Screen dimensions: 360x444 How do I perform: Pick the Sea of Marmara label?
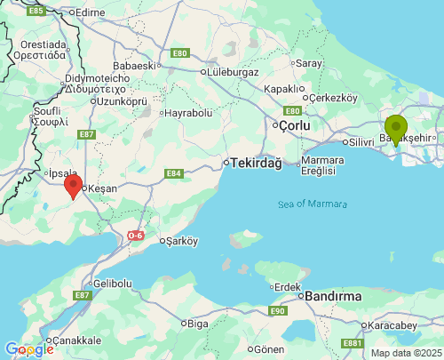(309, 204)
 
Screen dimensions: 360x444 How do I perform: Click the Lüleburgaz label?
(232, 71)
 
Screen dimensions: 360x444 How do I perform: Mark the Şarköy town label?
(180, 240)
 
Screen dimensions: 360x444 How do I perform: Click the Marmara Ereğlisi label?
(322, 165)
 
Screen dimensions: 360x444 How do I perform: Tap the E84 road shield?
(173, 174)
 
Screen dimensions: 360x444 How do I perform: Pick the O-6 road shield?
(135, 236)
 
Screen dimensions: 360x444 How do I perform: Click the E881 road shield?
(353, 343)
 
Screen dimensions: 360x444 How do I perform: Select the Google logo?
(28, 349)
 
